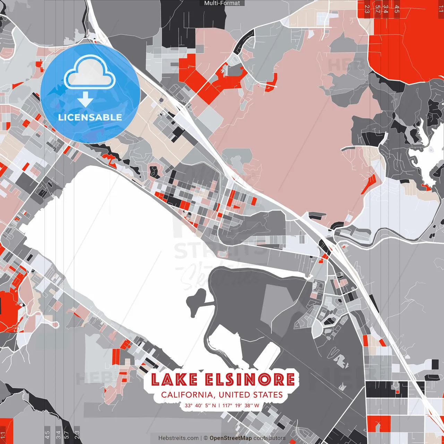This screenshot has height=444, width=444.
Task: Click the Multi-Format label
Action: coord(222,3)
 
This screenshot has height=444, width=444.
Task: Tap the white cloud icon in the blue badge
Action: coord(90,73)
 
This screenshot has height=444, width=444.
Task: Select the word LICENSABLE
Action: coord(90,117)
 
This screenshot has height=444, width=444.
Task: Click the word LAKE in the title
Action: coord(174,379)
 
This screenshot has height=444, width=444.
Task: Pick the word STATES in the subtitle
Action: coord(268,395)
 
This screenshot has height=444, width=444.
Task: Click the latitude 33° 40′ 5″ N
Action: coord(200,405)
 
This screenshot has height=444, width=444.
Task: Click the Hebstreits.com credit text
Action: coord(179,438)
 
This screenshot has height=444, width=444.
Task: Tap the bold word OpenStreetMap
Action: coord(231,438)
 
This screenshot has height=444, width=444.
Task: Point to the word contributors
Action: coord(270,438)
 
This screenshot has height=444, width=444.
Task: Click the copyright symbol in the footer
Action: coord(206,438)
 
